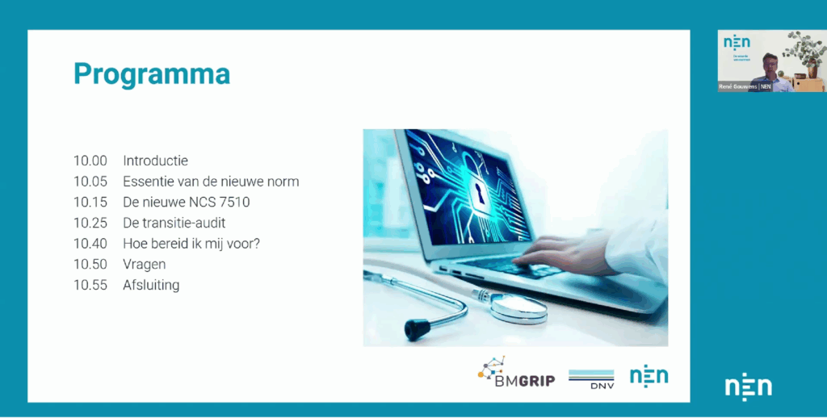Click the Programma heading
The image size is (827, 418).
pos(152,74)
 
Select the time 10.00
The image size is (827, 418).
pos(90,161)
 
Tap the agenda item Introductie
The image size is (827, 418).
pos(155,161)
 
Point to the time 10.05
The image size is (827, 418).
pos(90,182)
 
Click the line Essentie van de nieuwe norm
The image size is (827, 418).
pos(211,182)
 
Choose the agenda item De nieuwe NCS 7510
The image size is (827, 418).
pos(186,202)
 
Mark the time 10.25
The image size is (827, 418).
pos(90,223)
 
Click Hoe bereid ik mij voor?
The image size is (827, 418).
pos(191,244)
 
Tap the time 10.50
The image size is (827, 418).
pos(90,264)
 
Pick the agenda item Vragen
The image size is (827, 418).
pos(145,264)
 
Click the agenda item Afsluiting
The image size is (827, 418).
pos(151,285)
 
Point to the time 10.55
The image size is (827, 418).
pos(90,285)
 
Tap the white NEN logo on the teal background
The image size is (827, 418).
pos(748,387)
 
